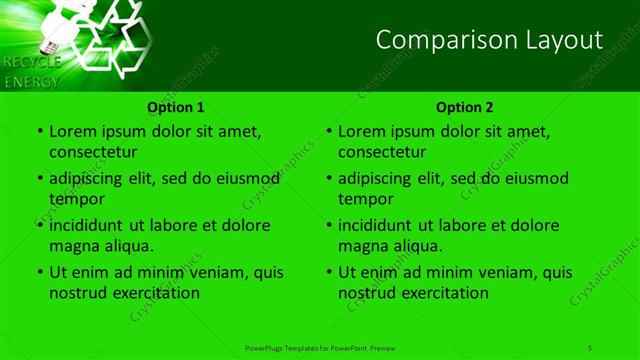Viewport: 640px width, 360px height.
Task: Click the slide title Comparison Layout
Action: [x=489, y=40]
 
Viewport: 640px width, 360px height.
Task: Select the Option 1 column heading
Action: [x=176, y=107]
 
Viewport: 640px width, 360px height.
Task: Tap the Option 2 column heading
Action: [x=465, y=107]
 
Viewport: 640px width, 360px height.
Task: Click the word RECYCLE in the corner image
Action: [x=32, y=62]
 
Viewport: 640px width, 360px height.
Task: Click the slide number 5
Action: [x=590, y=347]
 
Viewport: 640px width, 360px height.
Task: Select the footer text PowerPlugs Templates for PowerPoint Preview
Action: [x=321, y=347]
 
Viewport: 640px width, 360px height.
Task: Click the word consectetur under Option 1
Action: [x=93, y=152]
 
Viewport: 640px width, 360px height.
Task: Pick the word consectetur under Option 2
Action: [x=382, y=152]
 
